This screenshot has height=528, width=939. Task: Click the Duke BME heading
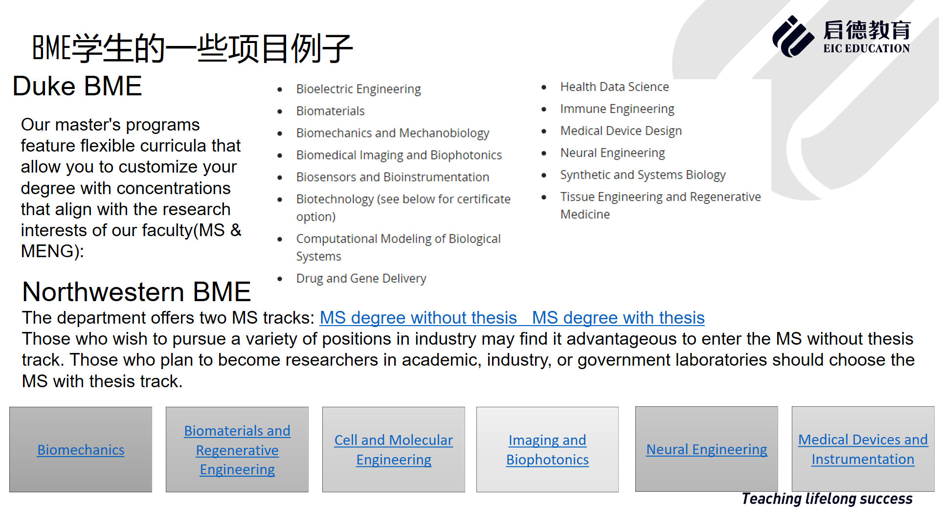tap(77, 87)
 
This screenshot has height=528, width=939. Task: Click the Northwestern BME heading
tap(136, 292)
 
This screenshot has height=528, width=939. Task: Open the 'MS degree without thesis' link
tap(418, 318)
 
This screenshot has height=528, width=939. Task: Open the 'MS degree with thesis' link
tap(618, 318)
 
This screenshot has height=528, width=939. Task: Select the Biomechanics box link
tap(81, 450)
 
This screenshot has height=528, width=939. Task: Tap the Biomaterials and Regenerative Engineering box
tap(237, 450)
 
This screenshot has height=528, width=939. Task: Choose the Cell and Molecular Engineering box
tap(394, 450)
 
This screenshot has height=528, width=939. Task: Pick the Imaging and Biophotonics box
tap(547, 450)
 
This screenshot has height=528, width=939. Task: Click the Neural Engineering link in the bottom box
tap(707, 449)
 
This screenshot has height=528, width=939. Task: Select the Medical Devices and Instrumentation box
tap(863, 449)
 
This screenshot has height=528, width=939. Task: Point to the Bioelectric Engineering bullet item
tap(358, 89)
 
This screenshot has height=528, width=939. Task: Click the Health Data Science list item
tap(615, 87)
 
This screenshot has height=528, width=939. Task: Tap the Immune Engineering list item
tap(617, 109)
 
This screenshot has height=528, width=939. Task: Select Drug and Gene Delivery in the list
tap(361, 278)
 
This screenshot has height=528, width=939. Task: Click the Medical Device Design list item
tap(621, 131)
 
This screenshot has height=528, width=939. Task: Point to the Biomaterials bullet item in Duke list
tap(331, 111)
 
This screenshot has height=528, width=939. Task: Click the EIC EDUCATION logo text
tap(866, 48)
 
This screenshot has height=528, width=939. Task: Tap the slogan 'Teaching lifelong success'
tap(827, 499)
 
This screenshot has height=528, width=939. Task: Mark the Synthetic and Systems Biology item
tap(643, 175)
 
